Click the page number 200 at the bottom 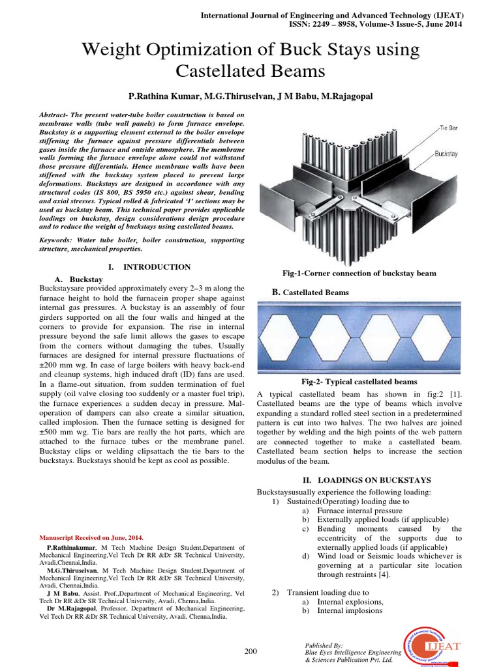[x=250, y=651]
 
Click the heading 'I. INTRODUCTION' [x=149, y=267]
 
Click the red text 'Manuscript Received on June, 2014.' [x=87, y=537]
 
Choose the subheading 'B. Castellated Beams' [x=311, y=292]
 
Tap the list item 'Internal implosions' [x=350, y=610]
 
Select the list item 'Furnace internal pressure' [x=363, y=511]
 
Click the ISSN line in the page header [x=376, y=24]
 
